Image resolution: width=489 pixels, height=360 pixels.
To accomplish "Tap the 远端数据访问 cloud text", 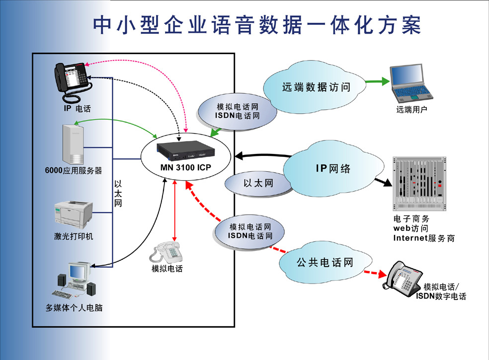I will [316, 87].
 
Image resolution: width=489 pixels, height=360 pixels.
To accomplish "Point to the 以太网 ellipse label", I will [258, 183].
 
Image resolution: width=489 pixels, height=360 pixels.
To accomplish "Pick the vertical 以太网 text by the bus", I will [118, 193].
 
